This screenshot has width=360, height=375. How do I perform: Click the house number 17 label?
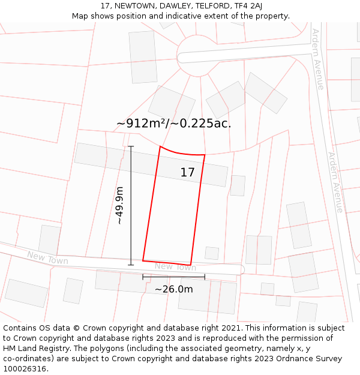pyautogui.click(x=187, y=173)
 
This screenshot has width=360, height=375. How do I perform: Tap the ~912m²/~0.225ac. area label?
pyautogui.click(x=173, y=124)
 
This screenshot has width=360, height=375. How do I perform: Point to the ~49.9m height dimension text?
pyautogui.click(x=119, y=205)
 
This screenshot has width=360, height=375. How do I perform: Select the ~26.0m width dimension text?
pyautogui.click(x=174, y=289)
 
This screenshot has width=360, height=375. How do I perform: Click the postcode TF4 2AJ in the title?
pyautogui.click(x=248, y=6)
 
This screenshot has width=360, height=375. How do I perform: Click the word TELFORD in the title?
pyautogui.click(x=214, y=6)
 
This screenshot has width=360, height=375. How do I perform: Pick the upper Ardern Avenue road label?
pyautogui.click(x=317, y=59)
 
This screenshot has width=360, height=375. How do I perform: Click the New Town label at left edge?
pyautogui.click(x=47, y=259)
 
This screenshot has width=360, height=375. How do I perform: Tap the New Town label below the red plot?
pyautogui.click(x=175, y=267)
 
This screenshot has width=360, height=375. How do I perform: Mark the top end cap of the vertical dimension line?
pyautogui.click(x=131, y=146)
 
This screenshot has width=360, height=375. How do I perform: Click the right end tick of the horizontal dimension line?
pyautogui.click(x=205, y=277)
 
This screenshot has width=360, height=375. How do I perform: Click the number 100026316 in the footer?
pyautogui.click(x=25, y=368)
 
